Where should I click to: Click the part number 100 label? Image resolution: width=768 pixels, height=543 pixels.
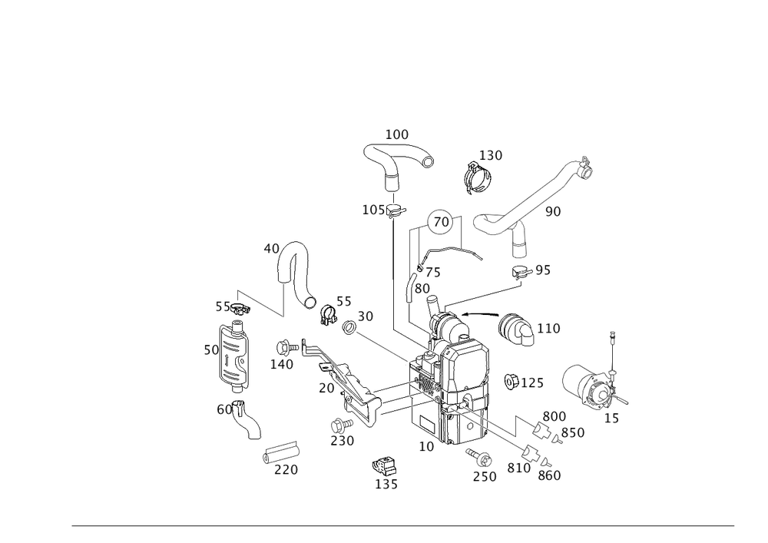pyautogui.click(x=397, y=135)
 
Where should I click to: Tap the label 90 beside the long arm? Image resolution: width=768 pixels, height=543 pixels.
pyautogui.click(x=552, y=210)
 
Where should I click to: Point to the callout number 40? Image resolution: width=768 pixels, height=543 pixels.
pyautogui.click(x=270, y=249)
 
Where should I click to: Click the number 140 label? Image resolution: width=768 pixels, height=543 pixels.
pyautogui.click(x=282, y=365)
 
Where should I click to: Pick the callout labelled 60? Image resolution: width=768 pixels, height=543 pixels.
pyautogui.click(x=223, y=410)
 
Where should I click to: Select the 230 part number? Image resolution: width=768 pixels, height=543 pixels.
pyautogui.click(x=343, y=441)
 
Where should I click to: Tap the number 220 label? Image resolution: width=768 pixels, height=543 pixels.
pyautogui.click(x=286, y=470)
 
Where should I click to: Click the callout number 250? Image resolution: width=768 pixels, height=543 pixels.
pyautogui.click(x=485, y=477)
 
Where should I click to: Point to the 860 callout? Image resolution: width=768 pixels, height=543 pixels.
pyautogui.click(x=550, y=476)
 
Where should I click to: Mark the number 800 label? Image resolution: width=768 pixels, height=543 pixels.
pyautogui.click(x=554, y=416)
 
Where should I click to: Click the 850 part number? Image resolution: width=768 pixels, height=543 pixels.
pyautogui.click(x=573, y=433)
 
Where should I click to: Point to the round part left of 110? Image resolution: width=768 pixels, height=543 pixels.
pyautogui.click(x=511, y=328)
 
